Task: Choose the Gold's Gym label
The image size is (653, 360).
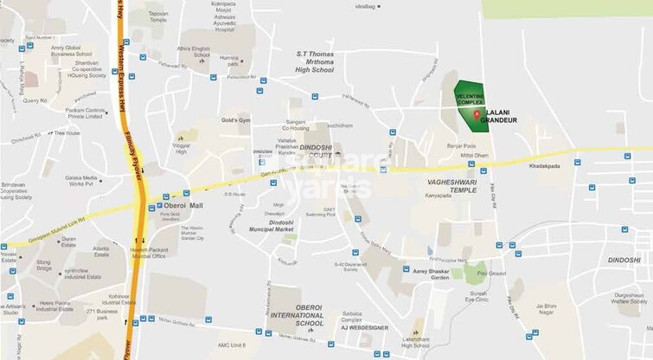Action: (234, 119)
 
